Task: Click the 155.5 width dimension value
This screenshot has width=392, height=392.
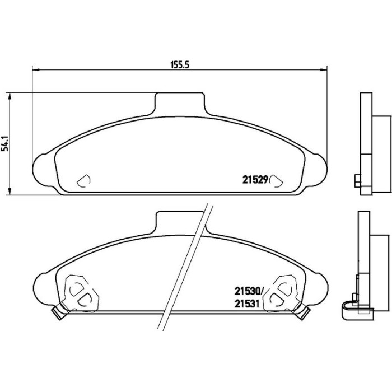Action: click(x=180, y=65)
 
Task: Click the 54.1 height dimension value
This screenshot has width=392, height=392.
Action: click(x=5, y=143)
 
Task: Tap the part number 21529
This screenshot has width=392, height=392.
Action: click(x=255, y=180)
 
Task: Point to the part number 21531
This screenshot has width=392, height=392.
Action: click(x=246, y=304)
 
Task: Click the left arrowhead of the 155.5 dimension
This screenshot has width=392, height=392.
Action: click(x=36, y=70)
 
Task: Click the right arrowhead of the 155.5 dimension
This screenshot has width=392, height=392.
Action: click(x=324, y=70)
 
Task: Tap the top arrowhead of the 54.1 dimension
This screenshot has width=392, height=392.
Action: click(x=10, y=96)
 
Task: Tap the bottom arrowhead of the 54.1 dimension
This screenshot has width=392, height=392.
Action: click(x=10, y=192)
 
